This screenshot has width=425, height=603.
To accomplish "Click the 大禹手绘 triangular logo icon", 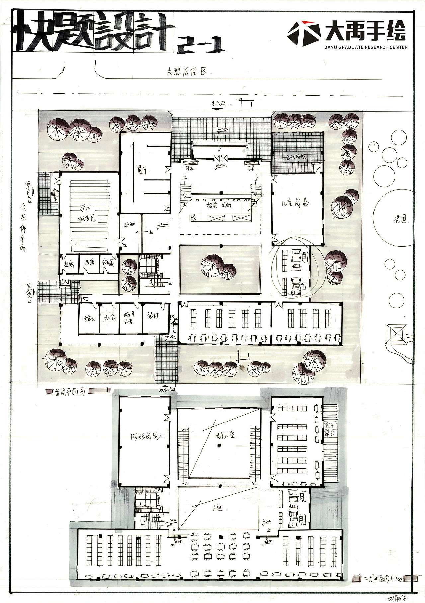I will (x=304, y=34).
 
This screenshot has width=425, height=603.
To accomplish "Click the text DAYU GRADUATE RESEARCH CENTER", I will (x=366, y=47).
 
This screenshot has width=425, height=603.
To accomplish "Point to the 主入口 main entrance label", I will (x=218, y=104).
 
